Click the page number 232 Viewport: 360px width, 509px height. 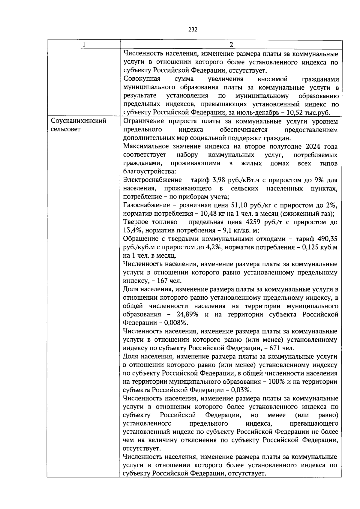(x=193, y=29)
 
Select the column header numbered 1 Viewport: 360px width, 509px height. (x=84, y=44)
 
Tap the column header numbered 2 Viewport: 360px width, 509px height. (x=231, y=44)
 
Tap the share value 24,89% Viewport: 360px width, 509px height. (x=187, y=315)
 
